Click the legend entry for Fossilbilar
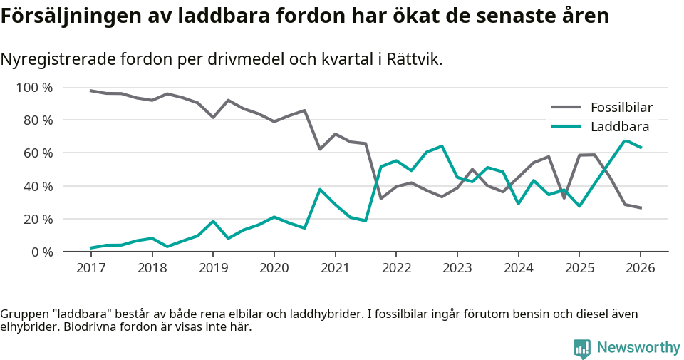[621, 108]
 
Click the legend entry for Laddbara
[619, 127]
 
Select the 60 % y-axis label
[38, 153]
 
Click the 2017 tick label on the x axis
[90, 268]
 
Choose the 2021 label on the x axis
[335, 268]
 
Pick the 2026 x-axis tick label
[640, 268]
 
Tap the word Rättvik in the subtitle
[413, 59]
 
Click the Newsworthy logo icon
[581, 348]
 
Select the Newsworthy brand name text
[638, 348]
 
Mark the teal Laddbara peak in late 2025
[625, 140]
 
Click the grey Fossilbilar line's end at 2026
[641, 208]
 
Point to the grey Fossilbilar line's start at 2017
[90, 91]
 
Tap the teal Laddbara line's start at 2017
[90, 248]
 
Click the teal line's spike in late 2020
[320, 190]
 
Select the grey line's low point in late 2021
[380, 198]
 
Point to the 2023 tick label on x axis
[457, 268]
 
